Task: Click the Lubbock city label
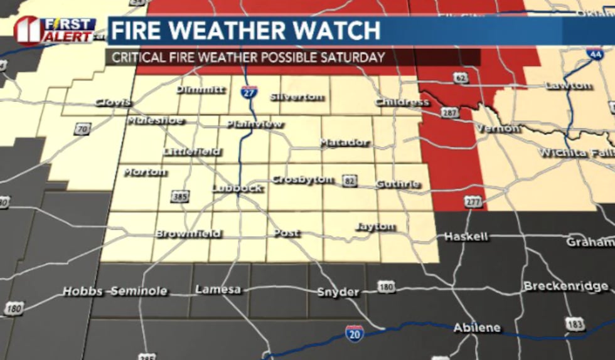237,188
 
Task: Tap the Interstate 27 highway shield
249,93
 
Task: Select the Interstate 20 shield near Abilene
355,333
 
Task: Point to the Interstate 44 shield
596,54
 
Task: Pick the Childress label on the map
402,102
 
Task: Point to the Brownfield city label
188,233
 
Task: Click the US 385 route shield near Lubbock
180,197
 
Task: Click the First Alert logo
56,30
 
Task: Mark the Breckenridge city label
566,286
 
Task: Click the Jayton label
375,226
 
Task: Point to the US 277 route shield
474,201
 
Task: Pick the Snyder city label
338,292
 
